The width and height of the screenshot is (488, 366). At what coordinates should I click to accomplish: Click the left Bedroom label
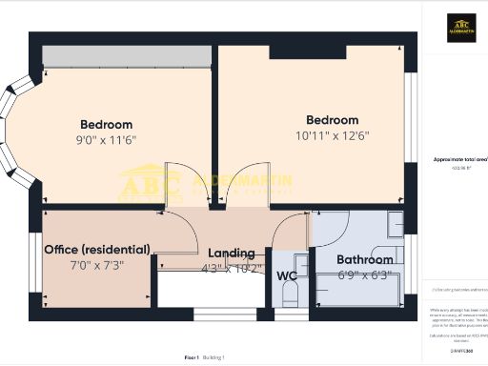106,125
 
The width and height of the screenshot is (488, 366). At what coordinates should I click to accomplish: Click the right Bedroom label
332,120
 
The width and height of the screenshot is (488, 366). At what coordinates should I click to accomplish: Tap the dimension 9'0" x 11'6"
106,139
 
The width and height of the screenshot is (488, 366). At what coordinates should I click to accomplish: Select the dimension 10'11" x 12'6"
332,135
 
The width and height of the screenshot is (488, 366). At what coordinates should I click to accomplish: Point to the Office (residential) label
97,250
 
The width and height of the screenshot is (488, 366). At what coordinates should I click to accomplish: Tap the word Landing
231,253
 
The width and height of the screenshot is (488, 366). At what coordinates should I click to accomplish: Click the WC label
287,277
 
